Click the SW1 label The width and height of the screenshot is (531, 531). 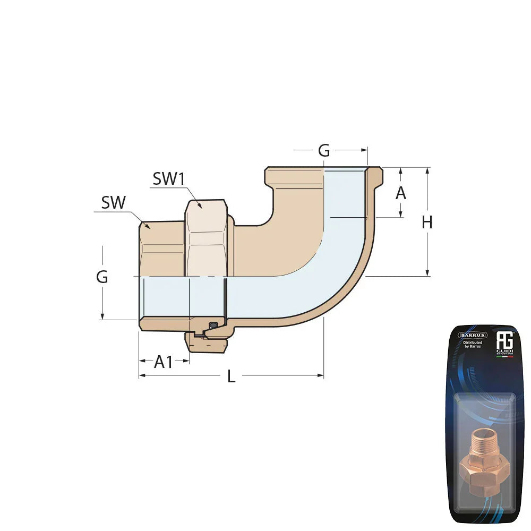click(168, 179)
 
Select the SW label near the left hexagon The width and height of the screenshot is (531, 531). click(113, 202)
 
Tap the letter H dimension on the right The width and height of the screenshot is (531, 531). click(427, 222)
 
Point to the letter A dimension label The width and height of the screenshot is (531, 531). click(401, 193)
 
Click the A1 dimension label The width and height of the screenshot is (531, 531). click(164, 362)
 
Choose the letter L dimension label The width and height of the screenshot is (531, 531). click(231, 376)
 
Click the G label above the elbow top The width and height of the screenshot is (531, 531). click(323, 151)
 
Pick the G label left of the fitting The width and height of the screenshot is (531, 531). click(102, 277)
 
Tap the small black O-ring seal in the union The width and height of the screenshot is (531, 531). click(213, 325)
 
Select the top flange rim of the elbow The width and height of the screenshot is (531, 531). click(324, 170)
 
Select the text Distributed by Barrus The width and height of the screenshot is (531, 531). click(472, 346)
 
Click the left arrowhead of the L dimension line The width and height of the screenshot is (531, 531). click(141, 375)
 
